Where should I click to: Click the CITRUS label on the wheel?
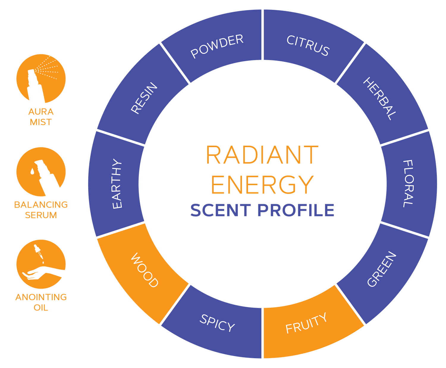pos(308,45)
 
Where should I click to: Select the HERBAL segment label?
pos(380,99)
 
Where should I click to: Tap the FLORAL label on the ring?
pos(408,183)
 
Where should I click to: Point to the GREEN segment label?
pos(382,269)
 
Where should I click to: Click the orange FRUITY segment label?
pos(306,323)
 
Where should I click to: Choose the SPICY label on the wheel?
pos(217,323)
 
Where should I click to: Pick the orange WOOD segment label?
pos(145,270)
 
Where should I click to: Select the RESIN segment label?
pos(144,98)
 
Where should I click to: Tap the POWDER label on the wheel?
pos(217,46)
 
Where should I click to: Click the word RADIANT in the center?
pos(262,155)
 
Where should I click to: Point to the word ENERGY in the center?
pos(262,184)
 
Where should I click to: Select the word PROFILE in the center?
pos(296,210)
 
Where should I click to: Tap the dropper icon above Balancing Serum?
pos(41,172)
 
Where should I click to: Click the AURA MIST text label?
pos(41,117)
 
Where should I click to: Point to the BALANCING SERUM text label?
pos(41,210)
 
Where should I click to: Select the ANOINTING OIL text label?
pos(41,302)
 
